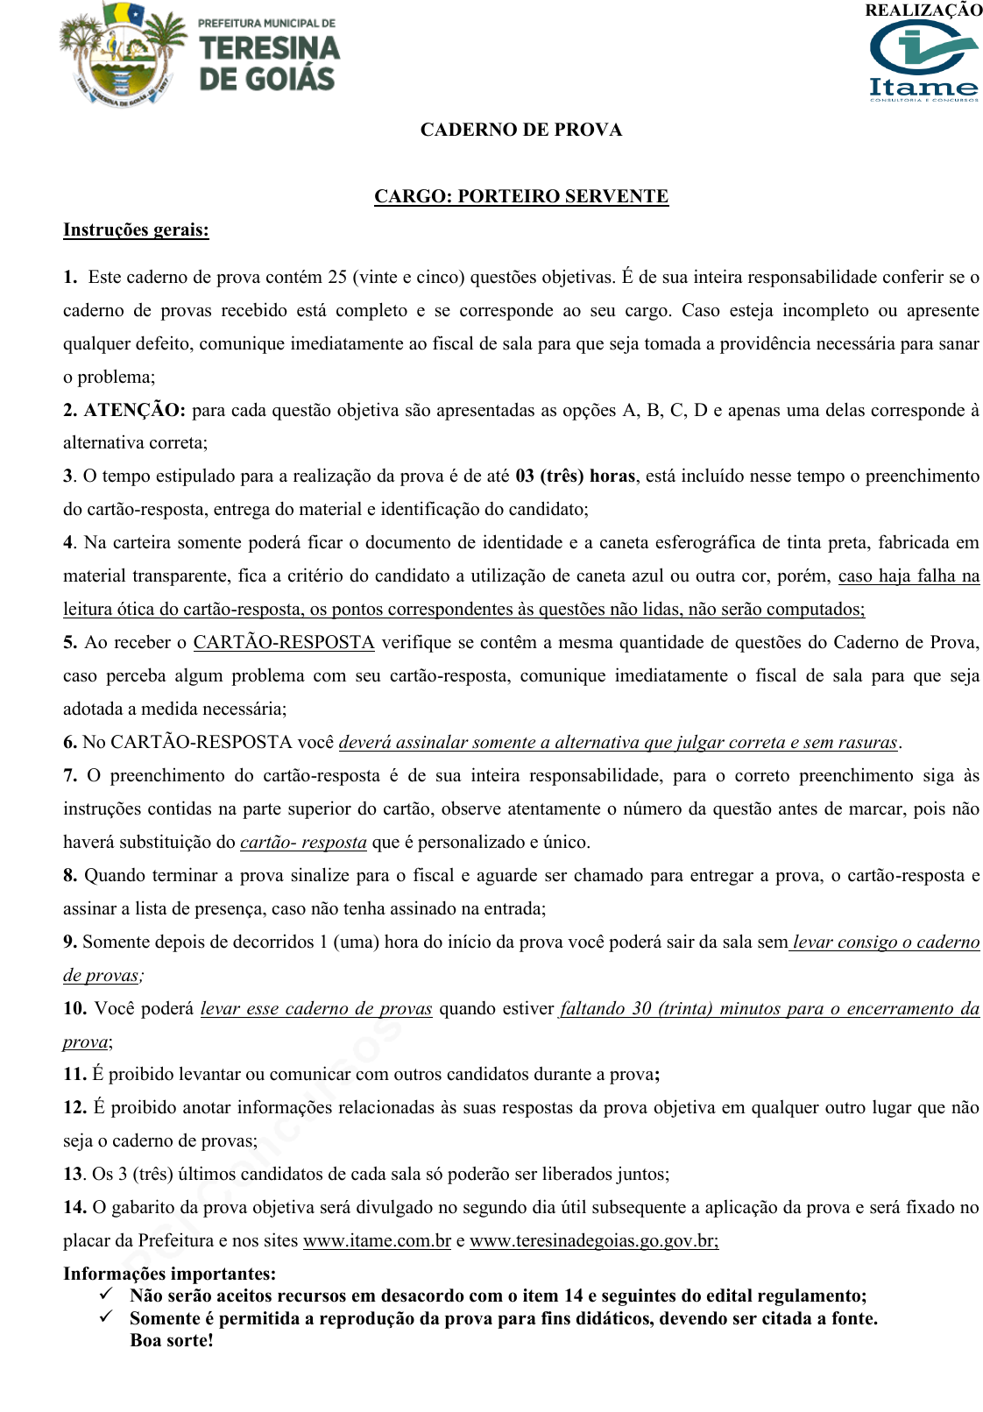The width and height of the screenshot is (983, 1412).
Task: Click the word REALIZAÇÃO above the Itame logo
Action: point(923,11)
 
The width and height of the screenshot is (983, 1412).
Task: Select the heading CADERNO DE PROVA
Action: point(521,130)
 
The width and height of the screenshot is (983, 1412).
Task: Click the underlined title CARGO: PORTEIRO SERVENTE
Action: point(521,196)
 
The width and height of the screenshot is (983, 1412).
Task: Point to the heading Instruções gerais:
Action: point(136,229)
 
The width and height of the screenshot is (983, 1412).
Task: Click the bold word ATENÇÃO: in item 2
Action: point(135,410)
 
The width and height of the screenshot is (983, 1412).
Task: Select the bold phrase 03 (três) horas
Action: point(575,476)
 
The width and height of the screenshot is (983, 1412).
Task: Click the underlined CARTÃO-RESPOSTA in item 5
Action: point(284,642)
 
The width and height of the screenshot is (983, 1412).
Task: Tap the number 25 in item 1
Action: point(337,277)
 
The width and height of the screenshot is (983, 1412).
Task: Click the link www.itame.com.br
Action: point(377,1240)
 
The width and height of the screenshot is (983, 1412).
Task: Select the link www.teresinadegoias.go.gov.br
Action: point(593,1240)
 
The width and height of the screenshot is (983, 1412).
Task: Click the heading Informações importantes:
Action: point(169,1274)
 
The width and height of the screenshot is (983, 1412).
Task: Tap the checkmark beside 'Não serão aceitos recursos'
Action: point(106,1294)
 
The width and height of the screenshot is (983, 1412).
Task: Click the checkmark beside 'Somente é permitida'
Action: point(106,1317)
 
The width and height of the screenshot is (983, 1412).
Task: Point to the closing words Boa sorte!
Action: point(172,1340)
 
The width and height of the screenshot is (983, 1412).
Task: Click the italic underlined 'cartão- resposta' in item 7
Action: point(303,842)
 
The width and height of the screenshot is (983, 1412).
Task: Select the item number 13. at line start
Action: point(74,1174)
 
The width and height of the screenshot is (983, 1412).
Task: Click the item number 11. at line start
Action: point(74,1074)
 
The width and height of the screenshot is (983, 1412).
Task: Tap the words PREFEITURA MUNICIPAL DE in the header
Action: point(266,23)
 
